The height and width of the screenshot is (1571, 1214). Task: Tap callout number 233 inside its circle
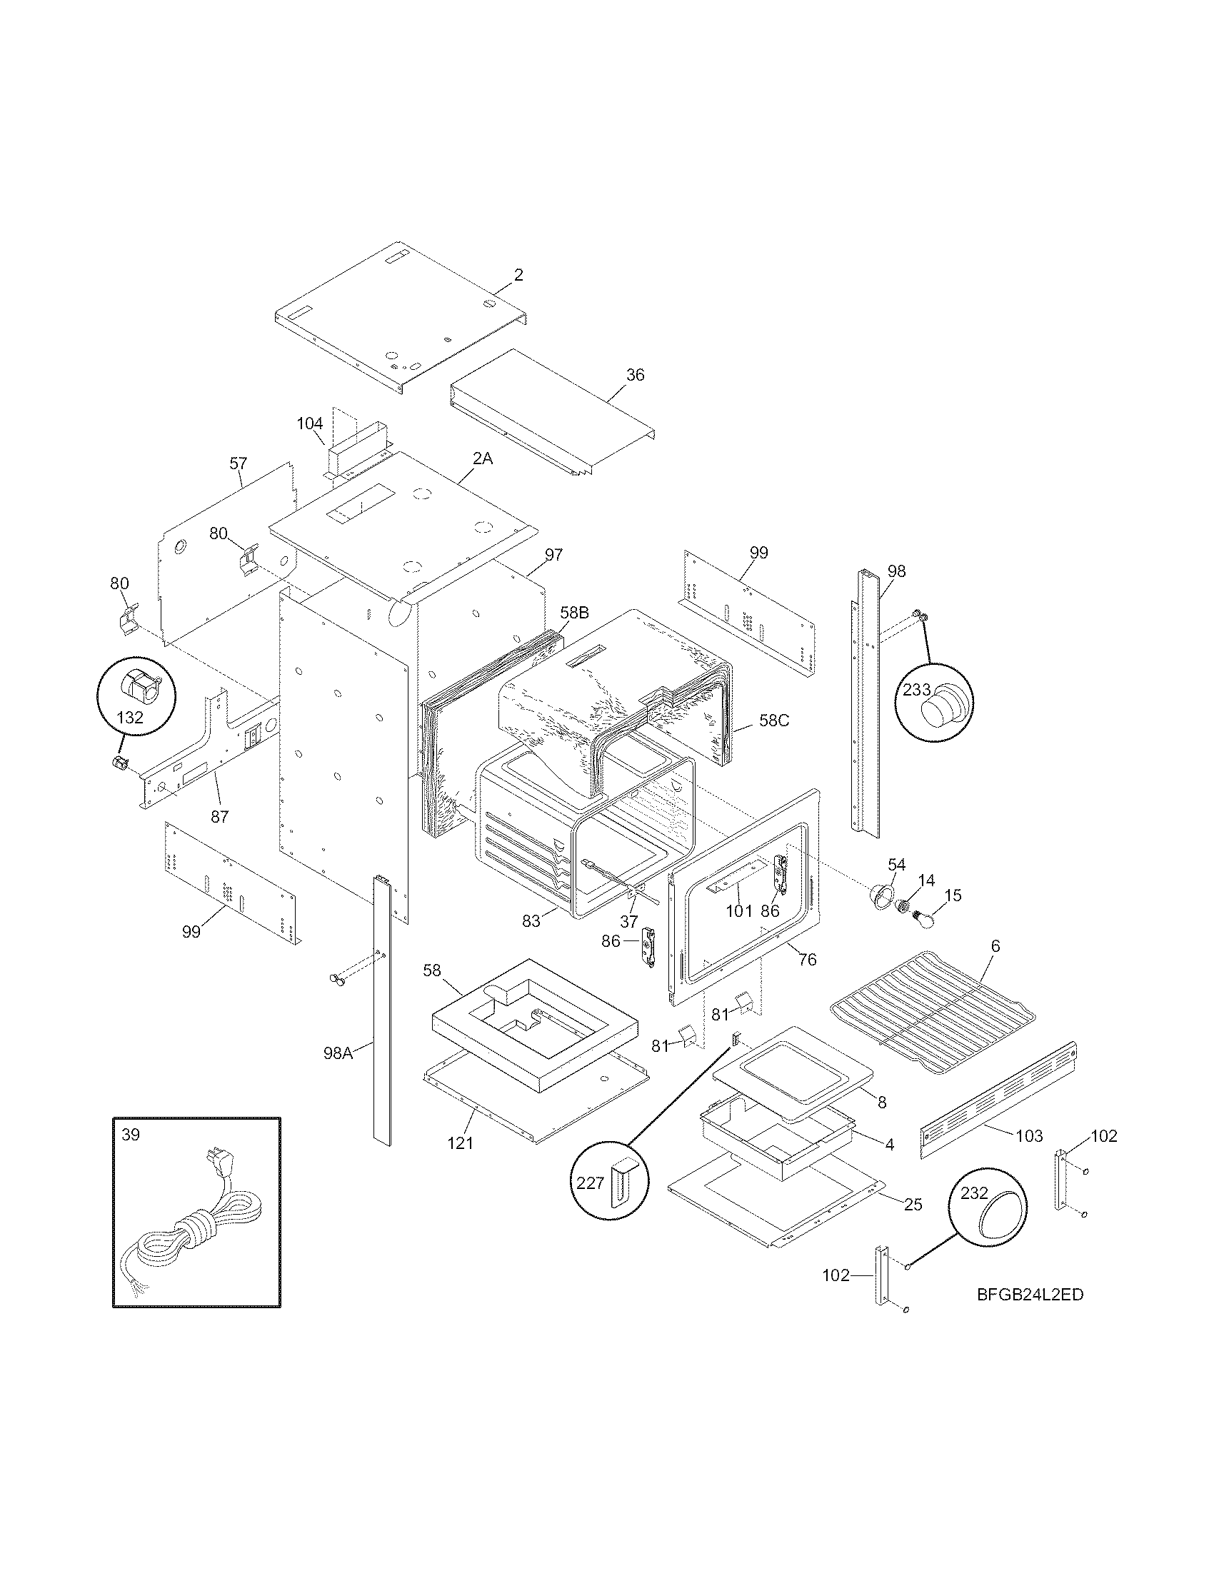coord(917,690)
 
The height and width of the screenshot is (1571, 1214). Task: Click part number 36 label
coord(635,375)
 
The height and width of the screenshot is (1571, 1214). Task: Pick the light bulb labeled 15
coord(923,919)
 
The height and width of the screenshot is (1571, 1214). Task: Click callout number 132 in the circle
coord(130,717)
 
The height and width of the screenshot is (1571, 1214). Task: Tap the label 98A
coord(338,1054)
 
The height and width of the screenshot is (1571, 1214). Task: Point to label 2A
coord(483,458)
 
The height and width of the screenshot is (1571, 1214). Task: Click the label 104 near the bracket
coord(310,423)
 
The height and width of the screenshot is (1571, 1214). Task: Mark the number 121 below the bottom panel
coord(461,1143)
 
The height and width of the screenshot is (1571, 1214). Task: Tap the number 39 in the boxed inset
coord(131,1135)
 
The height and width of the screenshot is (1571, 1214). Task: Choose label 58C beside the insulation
coord(774,720)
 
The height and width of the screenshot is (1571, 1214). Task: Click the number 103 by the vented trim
coord(1029,1136)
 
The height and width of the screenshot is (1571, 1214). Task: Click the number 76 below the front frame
coord(808,960)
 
